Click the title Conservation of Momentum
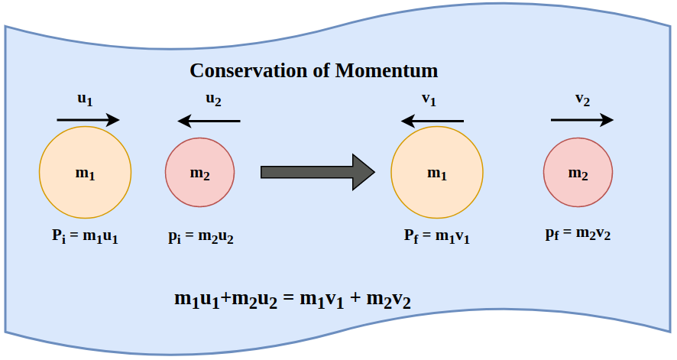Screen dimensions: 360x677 pos(313,71)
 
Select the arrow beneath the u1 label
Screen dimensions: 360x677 pos(88,119)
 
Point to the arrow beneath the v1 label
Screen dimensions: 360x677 pos(432,120)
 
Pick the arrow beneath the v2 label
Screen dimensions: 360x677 pos(581,119)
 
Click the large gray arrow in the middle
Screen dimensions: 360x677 pos(317,172)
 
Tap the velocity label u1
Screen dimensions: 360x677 pos(86,99)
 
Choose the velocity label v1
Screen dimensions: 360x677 pos(429,100)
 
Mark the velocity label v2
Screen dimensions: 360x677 pos(582,99)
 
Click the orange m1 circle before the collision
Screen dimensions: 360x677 pos(86,173)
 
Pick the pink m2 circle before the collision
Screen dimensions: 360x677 pos(199,173)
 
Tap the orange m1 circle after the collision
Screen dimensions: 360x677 pos(436,173)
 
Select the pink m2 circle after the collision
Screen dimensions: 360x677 pos(578,173)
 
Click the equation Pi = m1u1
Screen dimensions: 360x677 pos(85,237)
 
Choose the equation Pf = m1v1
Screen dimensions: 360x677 pos(436,237)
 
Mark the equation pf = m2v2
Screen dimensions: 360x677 pos(578,235)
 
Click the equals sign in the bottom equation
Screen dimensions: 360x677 pos(288,298)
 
